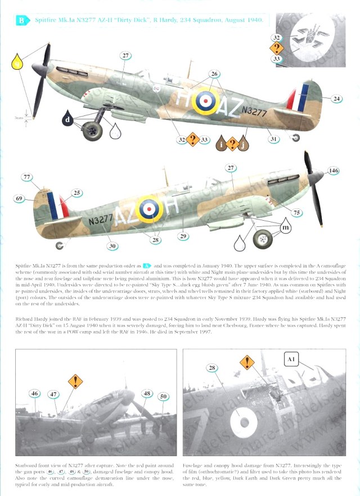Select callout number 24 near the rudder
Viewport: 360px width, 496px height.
336,99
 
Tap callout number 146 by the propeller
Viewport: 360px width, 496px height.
334,170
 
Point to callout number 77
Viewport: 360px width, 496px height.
26,177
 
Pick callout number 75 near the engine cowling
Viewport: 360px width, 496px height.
297,213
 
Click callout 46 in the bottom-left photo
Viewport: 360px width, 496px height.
35,394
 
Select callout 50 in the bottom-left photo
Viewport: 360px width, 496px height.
164,397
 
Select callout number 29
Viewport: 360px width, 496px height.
183,236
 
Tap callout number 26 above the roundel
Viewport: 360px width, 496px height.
214,74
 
